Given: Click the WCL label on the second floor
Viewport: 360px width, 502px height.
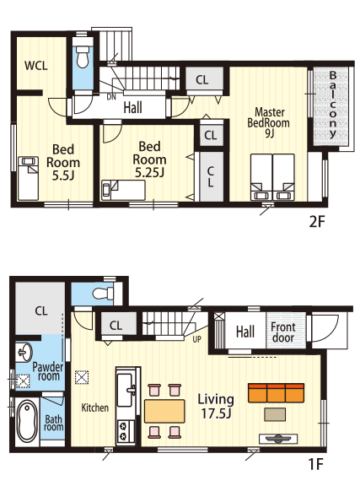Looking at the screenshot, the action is [36, 66].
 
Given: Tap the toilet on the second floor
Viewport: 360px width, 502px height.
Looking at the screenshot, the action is [83, 57].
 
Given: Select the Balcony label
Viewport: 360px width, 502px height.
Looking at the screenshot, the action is [333, 105].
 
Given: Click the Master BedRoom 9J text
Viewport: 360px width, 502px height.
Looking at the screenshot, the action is [268, 122].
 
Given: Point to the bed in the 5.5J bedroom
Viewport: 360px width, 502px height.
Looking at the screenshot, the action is [28, 178].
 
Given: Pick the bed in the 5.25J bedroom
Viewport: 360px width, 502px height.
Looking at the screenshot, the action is [123, 190].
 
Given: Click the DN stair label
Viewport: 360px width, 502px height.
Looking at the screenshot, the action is [111, 97].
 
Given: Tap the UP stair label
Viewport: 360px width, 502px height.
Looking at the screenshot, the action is [196, 339].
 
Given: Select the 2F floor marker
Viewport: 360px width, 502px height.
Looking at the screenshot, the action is [317, 222].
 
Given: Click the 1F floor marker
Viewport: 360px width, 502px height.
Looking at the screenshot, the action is [316, 464].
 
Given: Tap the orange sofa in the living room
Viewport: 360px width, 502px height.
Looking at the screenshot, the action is [277, 393].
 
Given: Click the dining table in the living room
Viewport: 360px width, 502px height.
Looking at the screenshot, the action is [164, 411].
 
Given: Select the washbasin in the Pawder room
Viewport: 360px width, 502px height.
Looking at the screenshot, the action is [24, 352].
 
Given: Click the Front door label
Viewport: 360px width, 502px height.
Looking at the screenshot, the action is [283, 332].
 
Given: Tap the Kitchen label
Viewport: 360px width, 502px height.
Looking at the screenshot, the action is [95, 408].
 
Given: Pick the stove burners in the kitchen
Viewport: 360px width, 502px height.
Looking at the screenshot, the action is [122, 431].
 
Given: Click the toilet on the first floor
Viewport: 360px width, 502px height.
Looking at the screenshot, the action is [103, 293].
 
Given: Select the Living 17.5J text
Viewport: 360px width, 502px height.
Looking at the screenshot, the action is [216, 407].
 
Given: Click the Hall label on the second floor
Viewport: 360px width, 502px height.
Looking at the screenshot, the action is [133, 108].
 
